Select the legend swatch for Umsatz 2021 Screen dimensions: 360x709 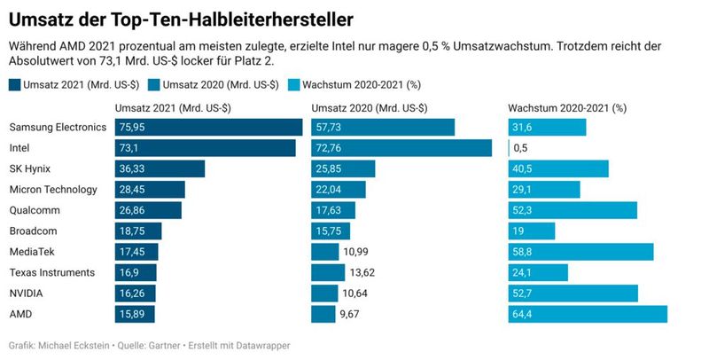16,85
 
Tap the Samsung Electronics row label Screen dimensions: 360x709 58,127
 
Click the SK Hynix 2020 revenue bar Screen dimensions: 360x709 343,168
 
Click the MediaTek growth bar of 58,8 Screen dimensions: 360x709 580,252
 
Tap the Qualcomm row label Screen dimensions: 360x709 35,210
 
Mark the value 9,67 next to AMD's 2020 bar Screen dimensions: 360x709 354,314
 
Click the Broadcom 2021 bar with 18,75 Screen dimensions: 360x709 138,231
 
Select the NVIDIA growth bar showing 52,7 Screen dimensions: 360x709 573,293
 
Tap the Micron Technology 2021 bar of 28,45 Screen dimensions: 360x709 150,189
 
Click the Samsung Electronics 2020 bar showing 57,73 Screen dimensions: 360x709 383,127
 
